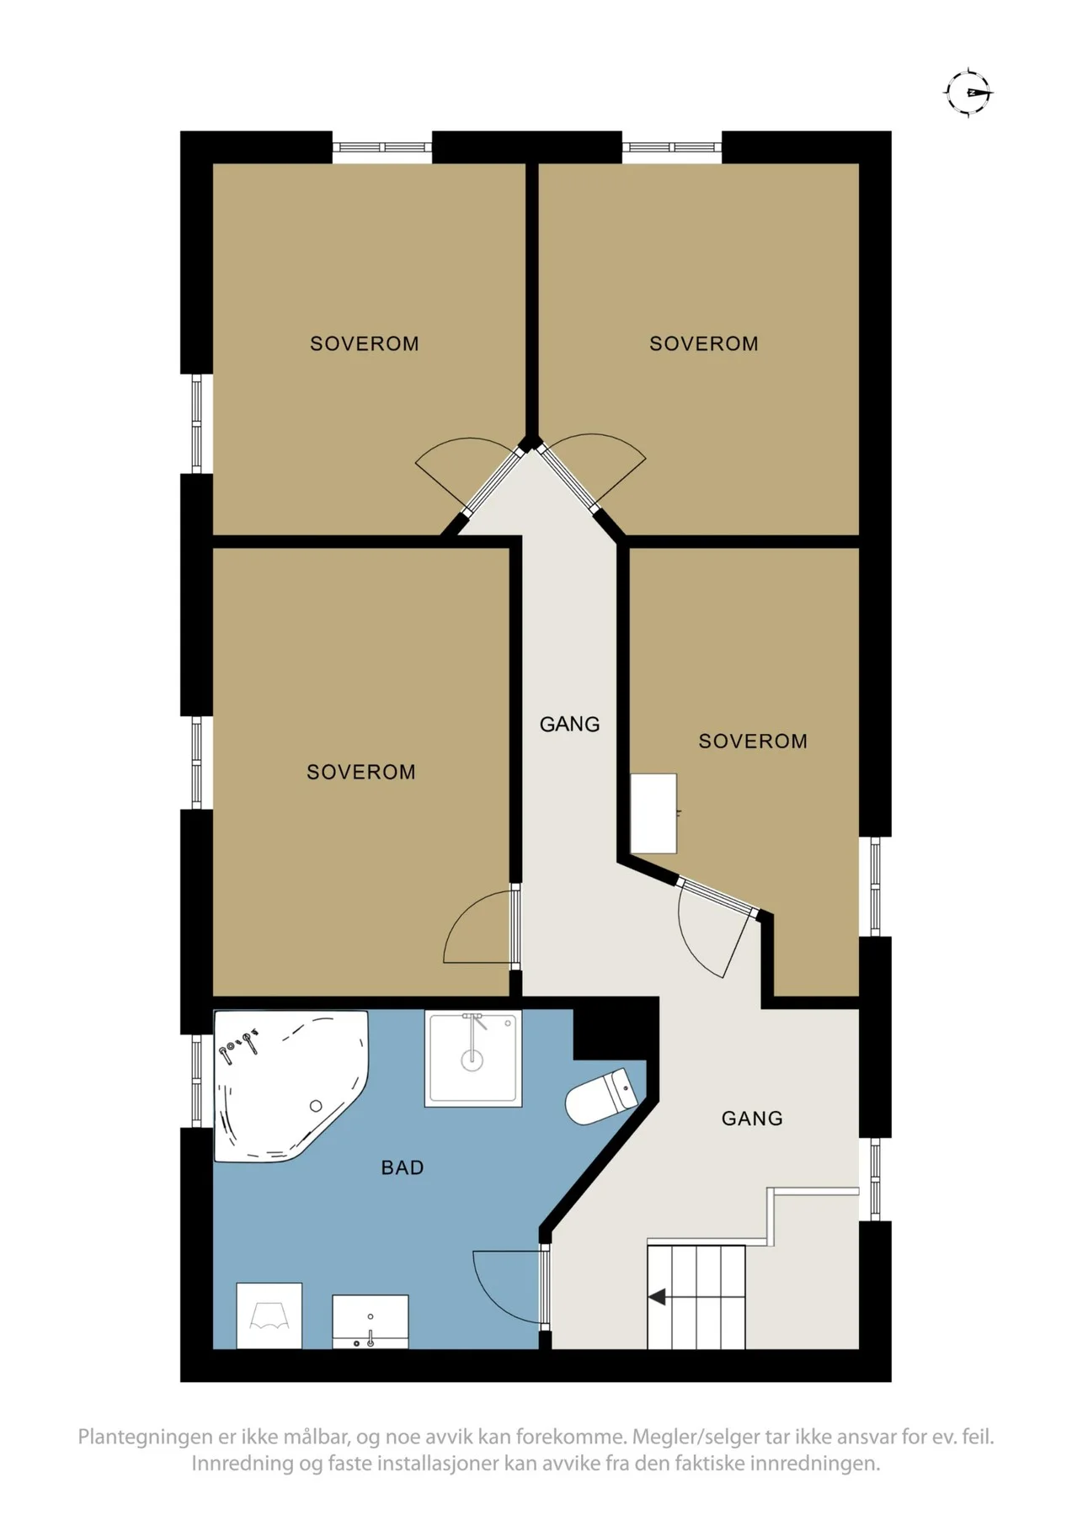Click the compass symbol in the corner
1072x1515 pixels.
[x=968, y=92]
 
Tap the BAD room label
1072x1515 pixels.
[x=403, y=1167]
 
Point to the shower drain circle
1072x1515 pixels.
[x=472, y=1060]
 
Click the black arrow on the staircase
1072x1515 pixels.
[x=657, y=1297]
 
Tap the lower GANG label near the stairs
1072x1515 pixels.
[x=752, y=1119]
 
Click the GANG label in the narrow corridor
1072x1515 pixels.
[x=570, y=724]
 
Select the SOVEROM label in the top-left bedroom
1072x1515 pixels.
[x=365, y=343]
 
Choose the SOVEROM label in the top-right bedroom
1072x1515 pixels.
[x=704, y=343]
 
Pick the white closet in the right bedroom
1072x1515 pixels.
[x=653, y=813]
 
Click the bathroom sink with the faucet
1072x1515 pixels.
[x=371, y=1321]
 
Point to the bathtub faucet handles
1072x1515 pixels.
[x=238, y=1043]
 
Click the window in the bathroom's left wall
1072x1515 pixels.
[x=196, y=1081]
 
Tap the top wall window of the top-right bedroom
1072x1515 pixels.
[x=672, y=147]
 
